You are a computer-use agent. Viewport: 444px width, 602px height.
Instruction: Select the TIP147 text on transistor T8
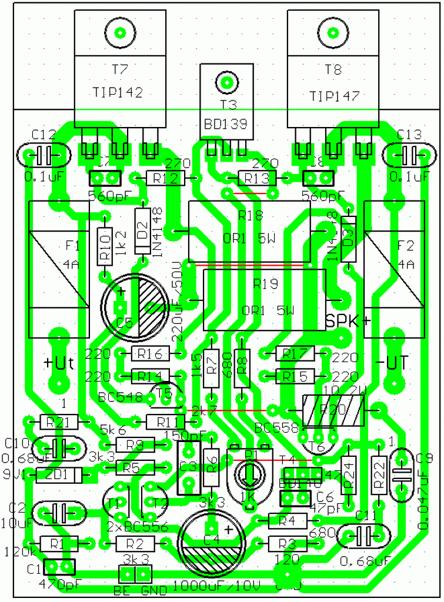coord(333,95)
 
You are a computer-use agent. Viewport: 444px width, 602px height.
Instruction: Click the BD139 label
coord(226,124)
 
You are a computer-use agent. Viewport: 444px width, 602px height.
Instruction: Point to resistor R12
coord(165,177)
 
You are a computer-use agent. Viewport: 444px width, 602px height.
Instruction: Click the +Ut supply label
coord(59,363)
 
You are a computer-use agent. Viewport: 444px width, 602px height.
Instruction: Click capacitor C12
coord(45,156)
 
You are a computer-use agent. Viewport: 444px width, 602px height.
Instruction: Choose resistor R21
coord(58,421)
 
